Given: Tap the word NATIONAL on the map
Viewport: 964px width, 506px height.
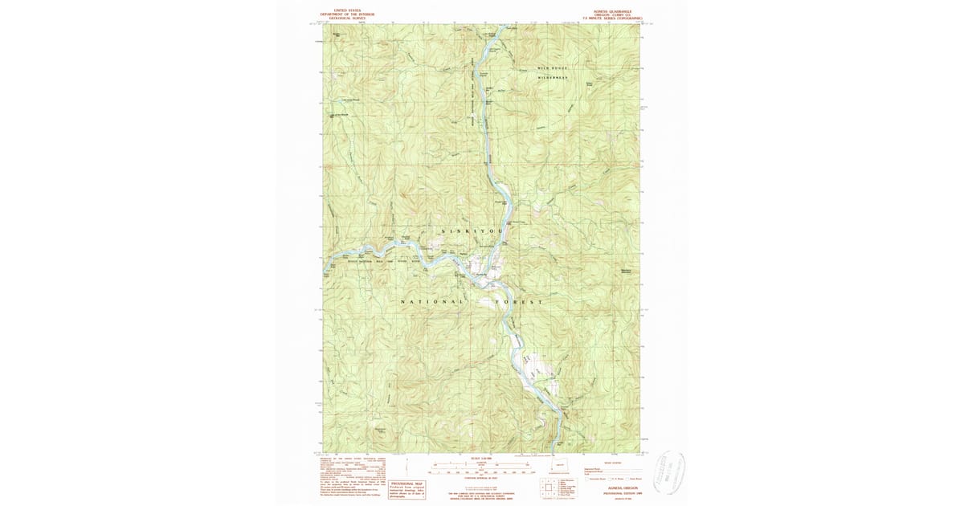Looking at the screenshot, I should pos(432,301).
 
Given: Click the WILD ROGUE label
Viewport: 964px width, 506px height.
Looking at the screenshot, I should pos(552,68).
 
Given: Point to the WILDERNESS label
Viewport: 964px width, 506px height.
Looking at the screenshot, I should pos(552,77).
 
